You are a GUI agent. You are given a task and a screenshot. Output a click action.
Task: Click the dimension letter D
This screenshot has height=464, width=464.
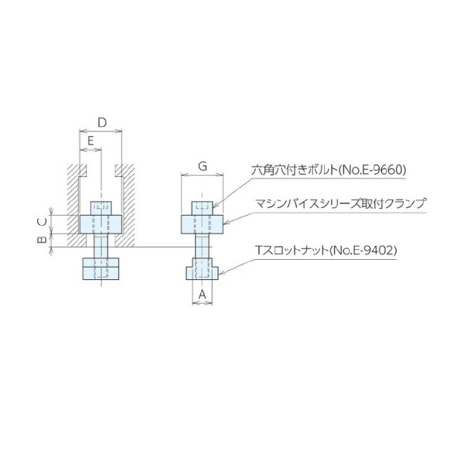(x=101, y=122)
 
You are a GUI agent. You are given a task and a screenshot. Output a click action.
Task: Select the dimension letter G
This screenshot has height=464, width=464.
(x=202, y=166)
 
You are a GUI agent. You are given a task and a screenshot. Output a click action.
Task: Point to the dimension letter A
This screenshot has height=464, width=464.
(x=203, y=295)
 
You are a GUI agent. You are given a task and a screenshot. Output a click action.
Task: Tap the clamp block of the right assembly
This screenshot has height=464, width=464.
(x=203, y=224)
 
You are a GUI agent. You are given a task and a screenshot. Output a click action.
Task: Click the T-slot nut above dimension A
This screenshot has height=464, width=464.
(x=203, y=272)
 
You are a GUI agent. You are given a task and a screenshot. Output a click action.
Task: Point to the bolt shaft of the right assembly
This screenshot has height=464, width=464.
(x=203, y=249)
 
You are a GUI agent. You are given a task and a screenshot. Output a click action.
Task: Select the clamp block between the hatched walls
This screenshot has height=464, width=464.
(x=101, y=224)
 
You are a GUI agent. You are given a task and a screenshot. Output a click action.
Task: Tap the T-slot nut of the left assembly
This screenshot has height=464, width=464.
(x=101, y=271)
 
